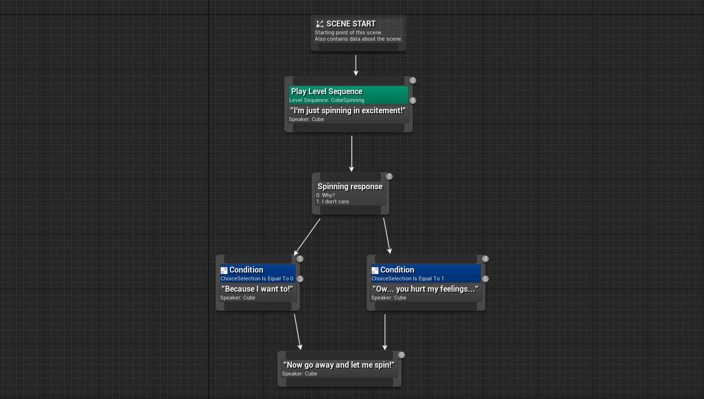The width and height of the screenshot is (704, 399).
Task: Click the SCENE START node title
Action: (351, 24)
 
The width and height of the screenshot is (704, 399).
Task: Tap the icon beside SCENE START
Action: (320, 24)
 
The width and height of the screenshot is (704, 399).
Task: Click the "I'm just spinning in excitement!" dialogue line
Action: (348, 111)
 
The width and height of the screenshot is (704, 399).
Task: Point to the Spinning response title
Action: (350, 187)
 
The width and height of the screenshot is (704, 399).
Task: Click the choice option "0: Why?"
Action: (326, 195)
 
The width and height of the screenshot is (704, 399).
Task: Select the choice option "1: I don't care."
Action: (333, 201)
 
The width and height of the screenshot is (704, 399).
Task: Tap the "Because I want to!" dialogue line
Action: (257, 289)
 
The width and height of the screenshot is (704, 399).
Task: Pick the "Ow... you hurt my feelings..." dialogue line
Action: (425, 289)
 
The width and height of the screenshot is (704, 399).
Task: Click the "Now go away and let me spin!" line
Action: (339, 365)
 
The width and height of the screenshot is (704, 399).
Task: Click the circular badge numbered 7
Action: (389, 176)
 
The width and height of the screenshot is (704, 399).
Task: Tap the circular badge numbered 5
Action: (402, 355)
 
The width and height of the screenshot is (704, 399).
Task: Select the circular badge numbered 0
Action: (413, 80)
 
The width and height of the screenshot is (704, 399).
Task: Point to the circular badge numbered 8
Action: (413, 100)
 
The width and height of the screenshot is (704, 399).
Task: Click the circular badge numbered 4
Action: (485, 259)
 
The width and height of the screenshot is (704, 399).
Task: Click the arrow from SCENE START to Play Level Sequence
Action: (356, 65)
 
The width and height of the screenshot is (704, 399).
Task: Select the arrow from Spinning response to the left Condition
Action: (307, 237)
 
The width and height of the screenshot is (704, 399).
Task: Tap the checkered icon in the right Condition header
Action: (375, 270)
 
